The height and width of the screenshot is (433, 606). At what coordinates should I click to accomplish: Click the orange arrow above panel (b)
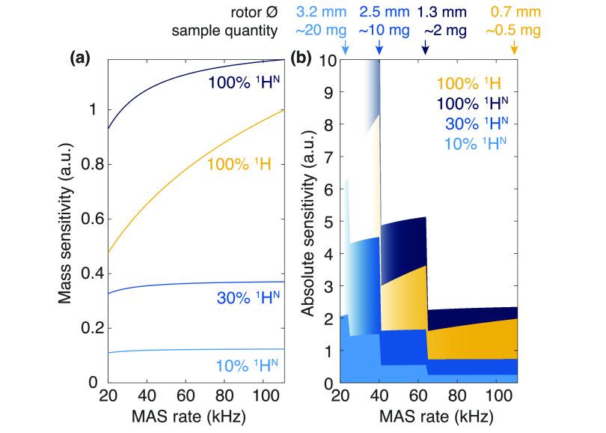pyautogui.click(x=514, y=49)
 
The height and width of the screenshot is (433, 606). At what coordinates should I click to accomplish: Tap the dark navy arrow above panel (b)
pyautogui.click(x=425, y=49)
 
